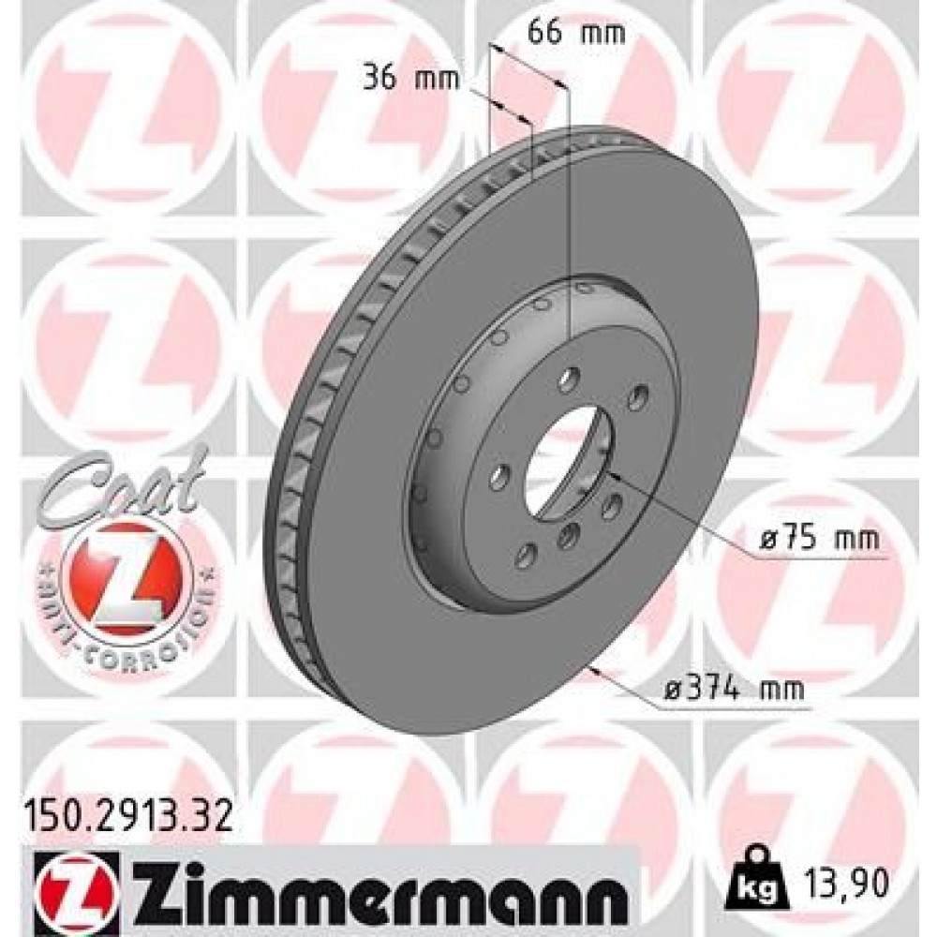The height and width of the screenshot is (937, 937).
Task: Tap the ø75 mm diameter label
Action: coord(819,540)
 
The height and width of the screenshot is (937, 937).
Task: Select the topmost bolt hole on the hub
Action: coord(568,377)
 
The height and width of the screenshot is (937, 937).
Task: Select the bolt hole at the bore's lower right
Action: coord(614,507)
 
